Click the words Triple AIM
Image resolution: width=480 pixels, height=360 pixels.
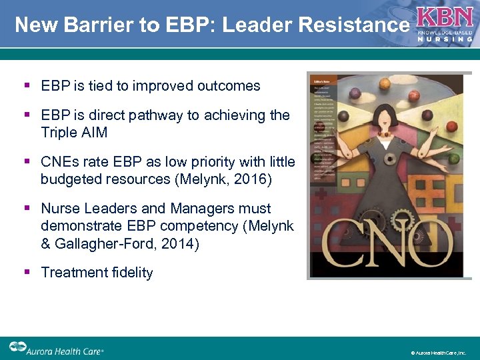point(74,132)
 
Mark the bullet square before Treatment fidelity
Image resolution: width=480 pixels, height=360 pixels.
point(27,272)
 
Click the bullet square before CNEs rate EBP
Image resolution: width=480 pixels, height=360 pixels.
point(27,161)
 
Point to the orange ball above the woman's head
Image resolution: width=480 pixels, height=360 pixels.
point(385,83)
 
